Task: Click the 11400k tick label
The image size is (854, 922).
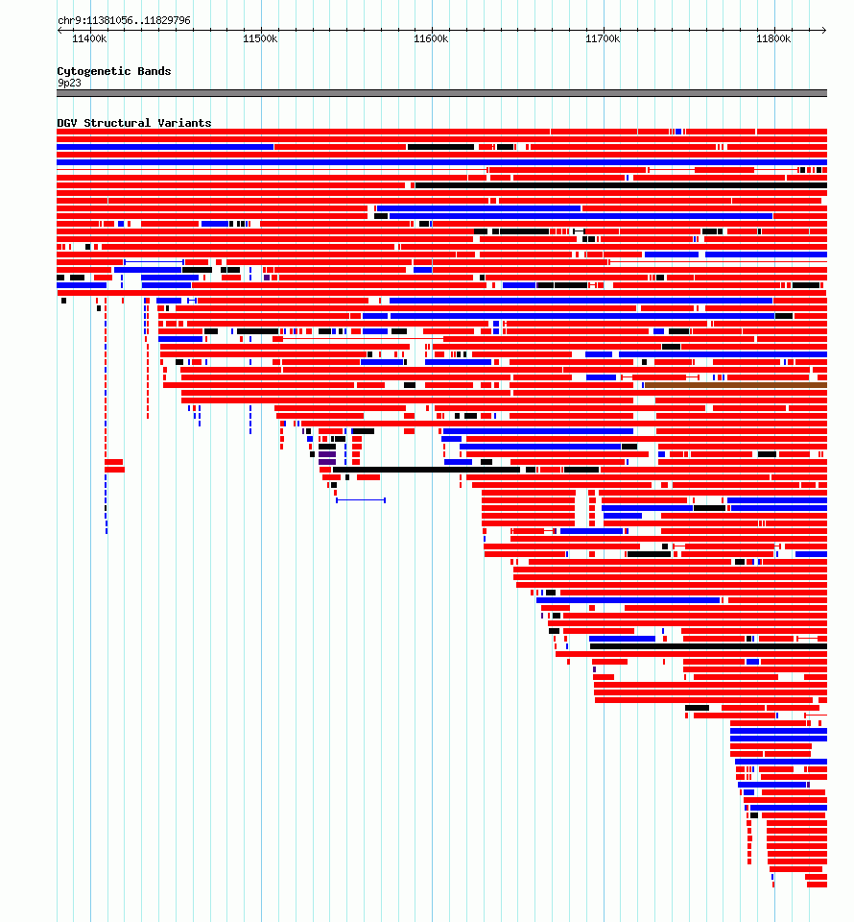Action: pyautogui.click(x=89, y=38)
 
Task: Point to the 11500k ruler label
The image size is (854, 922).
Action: pyautogui.click(x=260, y=38)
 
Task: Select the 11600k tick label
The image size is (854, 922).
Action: pyautogui.click(x=431, y=38)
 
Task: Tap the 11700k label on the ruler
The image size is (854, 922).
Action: pyautogui.click(x=603, y=38)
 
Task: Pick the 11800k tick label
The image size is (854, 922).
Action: pyautogui.click(x=773, y=38)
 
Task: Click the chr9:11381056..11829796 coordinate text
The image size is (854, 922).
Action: pyautogui.click(x=124, y=20)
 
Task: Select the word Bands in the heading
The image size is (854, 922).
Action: pyautogui.click(x=154, y=70)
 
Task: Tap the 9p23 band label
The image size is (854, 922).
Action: pyautogui.click(x=69, y=83)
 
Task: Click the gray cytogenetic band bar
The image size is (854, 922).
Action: pyautogui.click(x=441, y=93)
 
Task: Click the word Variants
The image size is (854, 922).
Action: pyautogui.click(x=184, y=123)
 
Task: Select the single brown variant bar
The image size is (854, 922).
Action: pyautogui.click(x=736, y=385)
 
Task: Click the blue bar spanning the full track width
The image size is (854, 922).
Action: pyautogui.click(x=441, y=162)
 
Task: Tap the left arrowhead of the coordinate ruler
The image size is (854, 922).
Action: pyautogui.click(x=59, y=30)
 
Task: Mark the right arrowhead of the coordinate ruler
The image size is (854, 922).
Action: pyautogui.click(x=824, y=30)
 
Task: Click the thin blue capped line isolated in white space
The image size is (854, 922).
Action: pyautogui.click(x=361, y=500)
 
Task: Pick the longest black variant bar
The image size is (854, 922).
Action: pyautogui.click(x=621, y=185)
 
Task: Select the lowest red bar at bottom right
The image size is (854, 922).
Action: pyautogui.click(x=816, y=885)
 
